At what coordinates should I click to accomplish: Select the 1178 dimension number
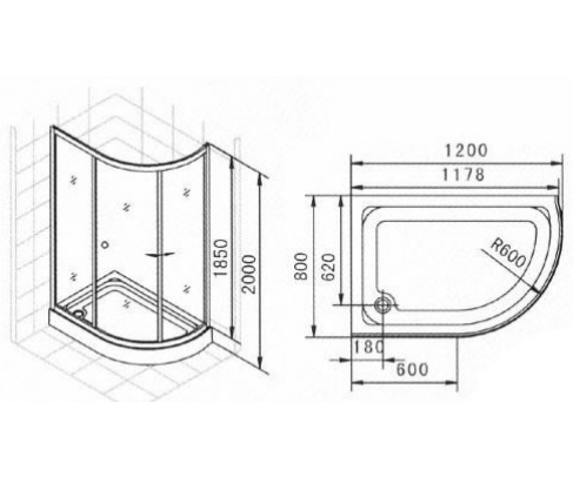pyautogui.click(x=463, y=175)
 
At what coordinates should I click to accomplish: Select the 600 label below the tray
pyautogui.click(x=413, y=369)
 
